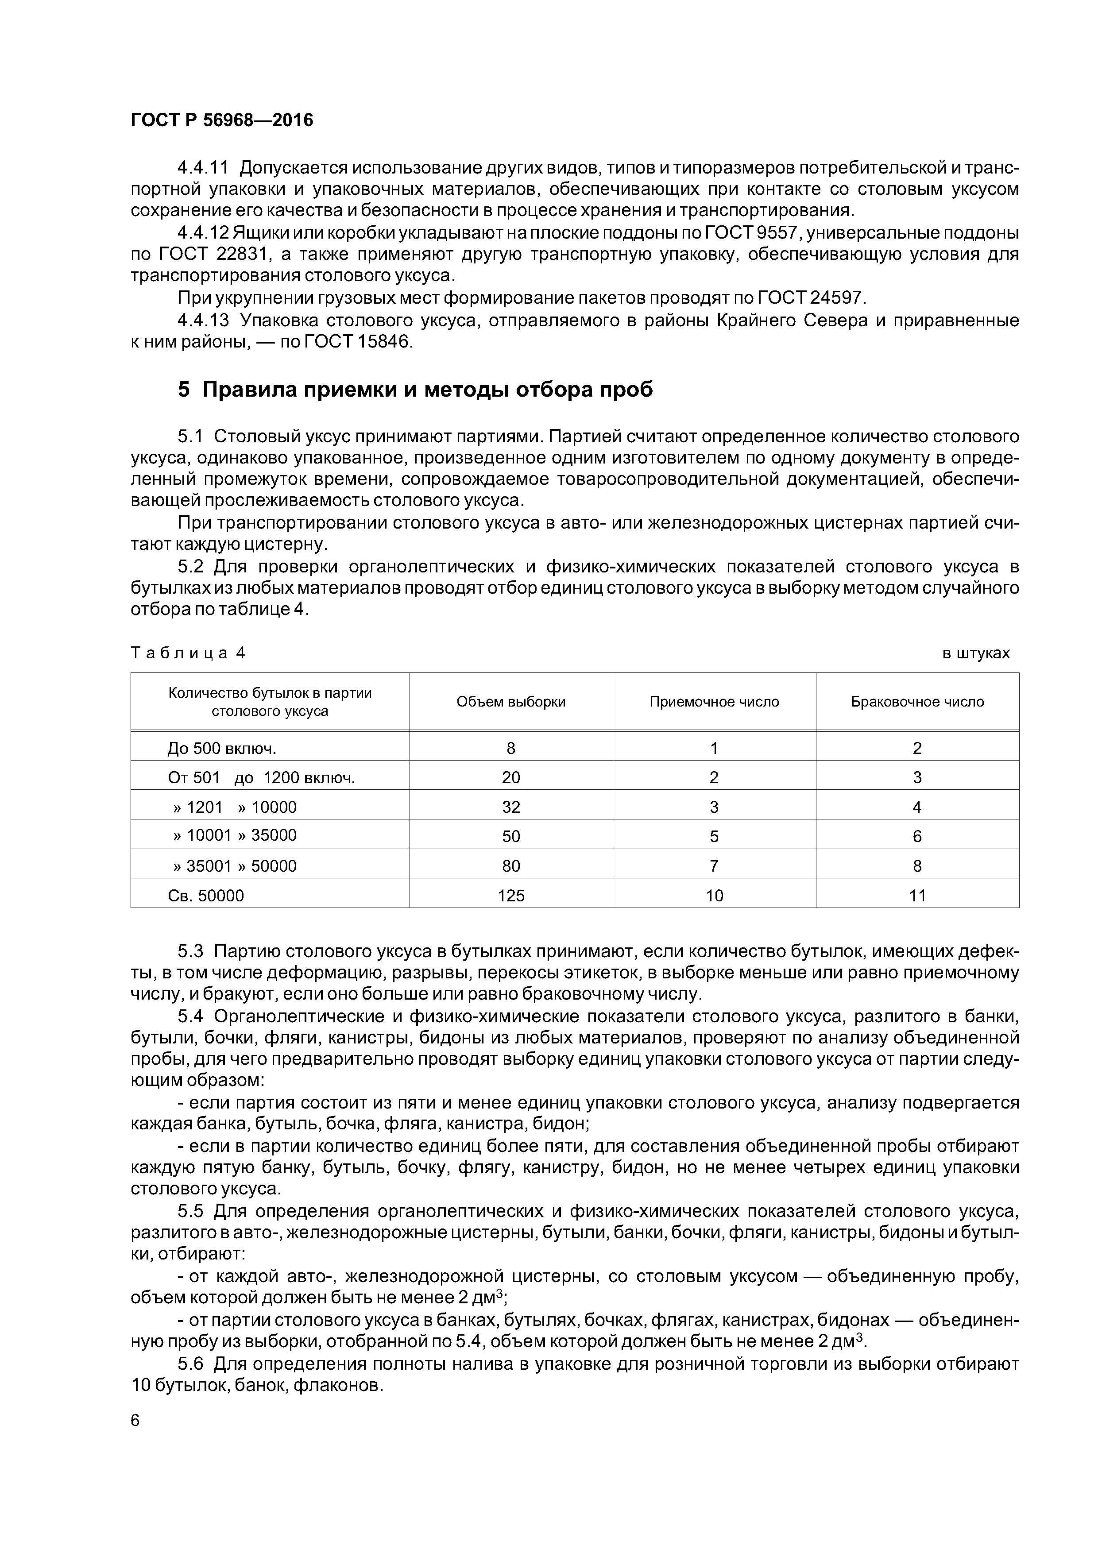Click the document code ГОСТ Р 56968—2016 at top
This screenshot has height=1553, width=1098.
coord(222,120)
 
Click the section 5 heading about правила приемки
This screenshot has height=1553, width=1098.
coord(415,390)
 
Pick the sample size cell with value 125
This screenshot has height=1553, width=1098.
coord(511,896)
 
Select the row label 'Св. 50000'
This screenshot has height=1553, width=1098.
coord(206,896)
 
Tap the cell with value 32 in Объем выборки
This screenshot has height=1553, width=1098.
coord(511,807)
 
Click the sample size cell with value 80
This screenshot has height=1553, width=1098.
coord(511,866)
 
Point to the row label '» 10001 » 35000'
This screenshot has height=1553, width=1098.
coord(234,835)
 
